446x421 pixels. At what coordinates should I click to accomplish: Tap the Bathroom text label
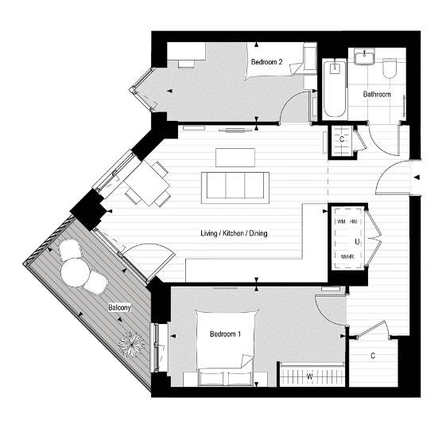click(x=377, y=94)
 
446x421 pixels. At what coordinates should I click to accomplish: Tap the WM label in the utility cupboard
click(x=341, y=221)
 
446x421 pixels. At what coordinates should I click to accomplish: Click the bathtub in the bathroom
click(x=333, y=88)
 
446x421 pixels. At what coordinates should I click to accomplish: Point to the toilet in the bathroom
click(x=390, y=72)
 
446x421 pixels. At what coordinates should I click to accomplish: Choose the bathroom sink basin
click(x=366, y=56)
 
